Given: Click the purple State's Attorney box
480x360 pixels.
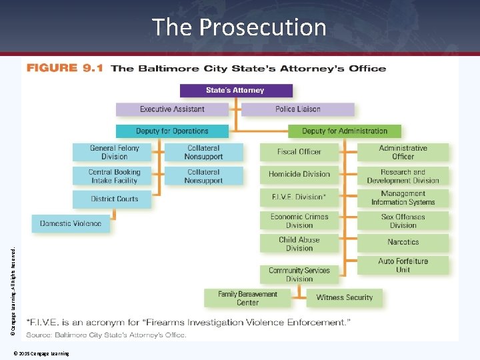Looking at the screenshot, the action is [x=236, y=91].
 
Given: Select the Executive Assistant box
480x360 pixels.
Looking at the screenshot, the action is [x=172, y=109].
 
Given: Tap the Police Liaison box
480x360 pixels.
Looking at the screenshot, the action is [x=298, y=109].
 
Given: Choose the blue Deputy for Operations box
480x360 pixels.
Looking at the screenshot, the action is [x=172, y=131].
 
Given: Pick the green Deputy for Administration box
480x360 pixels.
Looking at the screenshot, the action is [x=345, y=131].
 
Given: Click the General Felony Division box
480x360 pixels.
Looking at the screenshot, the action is [x=112, y=152].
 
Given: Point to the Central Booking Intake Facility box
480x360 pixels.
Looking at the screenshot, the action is [x=112, y=176].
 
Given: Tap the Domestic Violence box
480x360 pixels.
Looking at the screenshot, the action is [x=71, y=223].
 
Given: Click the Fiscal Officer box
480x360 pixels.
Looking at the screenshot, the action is [x=299, y=152].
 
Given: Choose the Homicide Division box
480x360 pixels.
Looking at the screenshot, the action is [x=299, y=175].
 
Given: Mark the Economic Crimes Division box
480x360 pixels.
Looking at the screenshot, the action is [x=299, y=221].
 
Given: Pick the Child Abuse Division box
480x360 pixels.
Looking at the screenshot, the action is [x=299, y=244].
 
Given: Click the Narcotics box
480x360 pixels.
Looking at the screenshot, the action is [x=403, y=242].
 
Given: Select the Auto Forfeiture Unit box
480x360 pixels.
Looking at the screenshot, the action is [x=403, y=265].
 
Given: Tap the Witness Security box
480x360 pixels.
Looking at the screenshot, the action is [x=345, y=298].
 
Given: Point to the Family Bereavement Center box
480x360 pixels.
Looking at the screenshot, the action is [x=247, y=298].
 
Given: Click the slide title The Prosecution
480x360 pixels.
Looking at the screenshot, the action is [x=239, y=27].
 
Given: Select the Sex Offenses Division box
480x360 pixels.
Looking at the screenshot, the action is [x=403, y=221].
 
